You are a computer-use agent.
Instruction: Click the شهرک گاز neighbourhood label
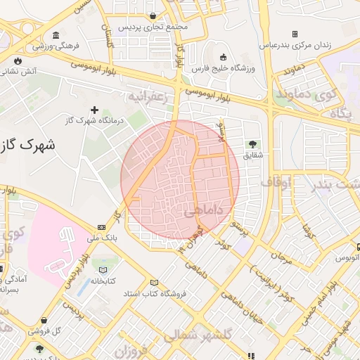point(28,145)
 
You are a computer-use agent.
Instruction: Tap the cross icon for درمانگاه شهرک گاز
point(95,109)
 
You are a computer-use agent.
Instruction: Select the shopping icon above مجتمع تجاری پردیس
point(153,15)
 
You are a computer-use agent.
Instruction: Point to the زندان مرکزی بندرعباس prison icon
point(295,34)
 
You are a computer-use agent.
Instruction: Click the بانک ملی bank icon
point(102,227)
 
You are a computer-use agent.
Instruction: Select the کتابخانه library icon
point(104,269)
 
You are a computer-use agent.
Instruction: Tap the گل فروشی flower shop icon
point(44,320)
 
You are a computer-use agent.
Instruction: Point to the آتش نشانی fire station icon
point(17,60)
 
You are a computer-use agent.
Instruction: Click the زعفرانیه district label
point(148,96)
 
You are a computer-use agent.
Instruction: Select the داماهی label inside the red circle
point(203,210)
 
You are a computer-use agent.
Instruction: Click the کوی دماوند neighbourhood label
point(302,93)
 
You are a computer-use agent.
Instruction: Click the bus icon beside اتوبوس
point(358,247)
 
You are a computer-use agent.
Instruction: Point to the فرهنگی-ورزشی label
point(58,46)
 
